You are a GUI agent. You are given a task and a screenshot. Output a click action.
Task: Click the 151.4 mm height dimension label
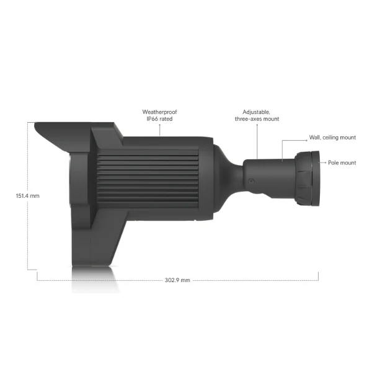click(27, 196)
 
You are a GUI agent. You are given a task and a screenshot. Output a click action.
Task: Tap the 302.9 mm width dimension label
click(177, 280)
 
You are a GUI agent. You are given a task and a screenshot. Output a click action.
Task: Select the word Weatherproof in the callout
click(159, 112)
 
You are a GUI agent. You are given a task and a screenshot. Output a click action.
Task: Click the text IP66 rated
click(159, 119)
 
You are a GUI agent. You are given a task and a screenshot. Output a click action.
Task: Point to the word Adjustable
click(256, 112)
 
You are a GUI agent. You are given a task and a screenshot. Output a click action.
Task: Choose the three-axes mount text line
click(257, 119)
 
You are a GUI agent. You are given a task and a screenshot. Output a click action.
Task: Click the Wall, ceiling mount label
click(332, 138)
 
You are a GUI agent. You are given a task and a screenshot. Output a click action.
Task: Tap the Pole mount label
click(342, 162)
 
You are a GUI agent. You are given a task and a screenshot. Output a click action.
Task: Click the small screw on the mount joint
click(251, 181)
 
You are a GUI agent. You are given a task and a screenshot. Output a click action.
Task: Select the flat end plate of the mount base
click(316, 178)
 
